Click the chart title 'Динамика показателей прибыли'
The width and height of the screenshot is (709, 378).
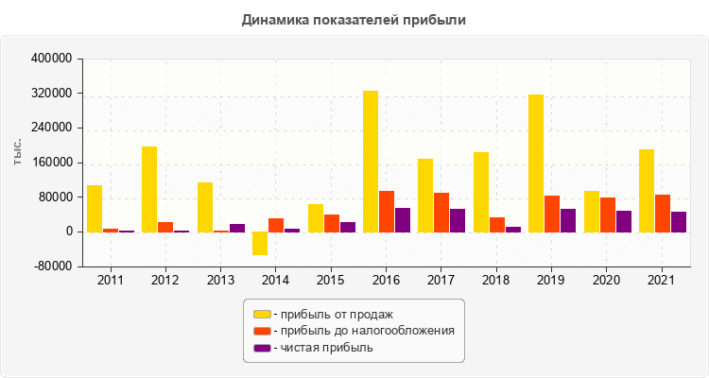[354, 19]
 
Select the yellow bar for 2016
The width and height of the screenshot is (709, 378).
[371, 162]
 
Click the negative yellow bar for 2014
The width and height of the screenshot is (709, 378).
[260, 243]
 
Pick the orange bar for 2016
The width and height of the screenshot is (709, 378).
[387, 212]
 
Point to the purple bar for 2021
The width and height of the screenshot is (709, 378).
[679, 222]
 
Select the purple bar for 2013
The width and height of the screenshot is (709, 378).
[237, 228]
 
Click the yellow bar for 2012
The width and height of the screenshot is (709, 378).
[149, 189]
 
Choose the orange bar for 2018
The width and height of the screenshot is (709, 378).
[497, 225]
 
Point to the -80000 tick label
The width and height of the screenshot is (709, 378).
[53, 266]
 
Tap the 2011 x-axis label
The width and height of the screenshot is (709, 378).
[110, 281]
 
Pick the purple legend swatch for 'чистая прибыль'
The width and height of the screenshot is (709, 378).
[262, 348]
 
